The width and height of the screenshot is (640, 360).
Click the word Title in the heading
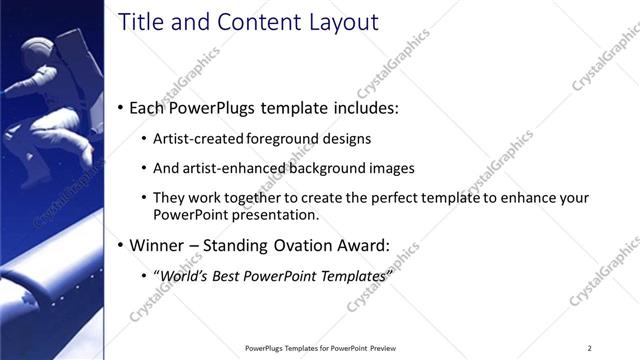pos(139,22)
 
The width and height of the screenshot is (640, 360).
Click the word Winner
pos(158,244)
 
